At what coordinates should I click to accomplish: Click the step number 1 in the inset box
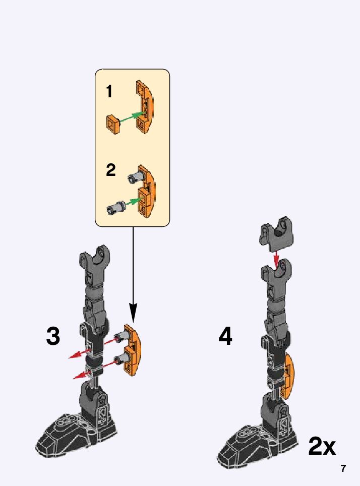pos(109,91)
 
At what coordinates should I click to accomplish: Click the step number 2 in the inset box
pos(111,170)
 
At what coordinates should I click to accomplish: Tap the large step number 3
pos(53,336)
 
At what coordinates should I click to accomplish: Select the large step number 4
pos(225,336)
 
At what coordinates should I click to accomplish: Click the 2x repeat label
pos(322,446)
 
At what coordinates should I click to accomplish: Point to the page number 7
pos(343,468)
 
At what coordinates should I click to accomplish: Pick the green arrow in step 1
pos(131,117)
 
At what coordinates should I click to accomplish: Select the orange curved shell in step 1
pos(145,107)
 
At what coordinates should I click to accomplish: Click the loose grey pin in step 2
pos(116,207)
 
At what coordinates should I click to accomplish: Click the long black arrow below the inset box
pos(133,274)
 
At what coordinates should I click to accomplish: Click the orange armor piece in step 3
pos(133,350)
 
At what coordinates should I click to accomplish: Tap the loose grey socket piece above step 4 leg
pos(276,233)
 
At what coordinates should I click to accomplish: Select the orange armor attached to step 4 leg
pos(289,376)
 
